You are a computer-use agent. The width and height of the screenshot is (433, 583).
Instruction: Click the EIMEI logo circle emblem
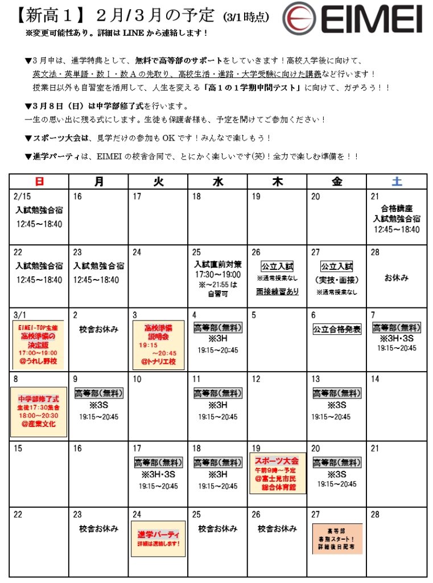pyautogui.click(x=303, y=18)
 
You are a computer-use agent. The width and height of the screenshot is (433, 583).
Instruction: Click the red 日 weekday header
pyautogui.click(x=39, y=182)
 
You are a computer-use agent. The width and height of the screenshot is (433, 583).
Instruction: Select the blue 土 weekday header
pyautogui.click(x=397, y=182)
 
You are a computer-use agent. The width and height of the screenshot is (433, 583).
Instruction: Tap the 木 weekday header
pyautogui.click(x=277, y=182)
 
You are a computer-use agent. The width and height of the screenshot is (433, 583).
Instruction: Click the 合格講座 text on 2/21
pyautogui.click(x=397, y=208)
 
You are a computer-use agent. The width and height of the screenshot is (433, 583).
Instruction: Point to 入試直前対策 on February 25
pyautogui.click(x=217, y=264)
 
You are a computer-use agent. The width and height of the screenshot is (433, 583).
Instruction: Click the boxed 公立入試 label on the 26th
pyautogui.click(x=277, y=266)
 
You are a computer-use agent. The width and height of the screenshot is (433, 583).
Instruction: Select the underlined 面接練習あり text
pyautogui.click(x=277, y=291)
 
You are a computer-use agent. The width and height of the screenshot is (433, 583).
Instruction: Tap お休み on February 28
pyautogui.click(x=397, y=278)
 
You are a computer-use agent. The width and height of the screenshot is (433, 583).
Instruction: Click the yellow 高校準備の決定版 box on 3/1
pyautogui.click(x=39, y=344)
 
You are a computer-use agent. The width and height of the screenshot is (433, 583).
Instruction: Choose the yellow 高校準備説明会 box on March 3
pyautogui.click(x=158, y=344)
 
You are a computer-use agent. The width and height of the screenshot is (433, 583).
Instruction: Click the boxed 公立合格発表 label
pyautogui.click(x=337, y=329)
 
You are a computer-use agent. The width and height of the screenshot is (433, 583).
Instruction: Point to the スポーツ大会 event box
pyautogui.click(x=277, y=473)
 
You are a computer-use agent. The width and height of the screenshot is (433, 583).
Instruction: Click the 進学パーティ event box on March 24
pyautogui.click(x=158, y=538)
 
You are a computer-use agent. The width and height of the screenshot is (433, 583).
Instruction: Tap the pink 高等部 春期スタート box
pyautogui.click(x=337, y=538)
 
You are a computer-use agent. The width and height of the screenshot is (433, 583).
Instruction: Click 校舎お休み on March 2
pyautogui.click(x=98, y=329)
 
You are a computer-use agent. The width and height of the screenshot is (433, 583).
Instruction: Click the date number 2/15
pyautogui.click(x=22, y=196)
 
